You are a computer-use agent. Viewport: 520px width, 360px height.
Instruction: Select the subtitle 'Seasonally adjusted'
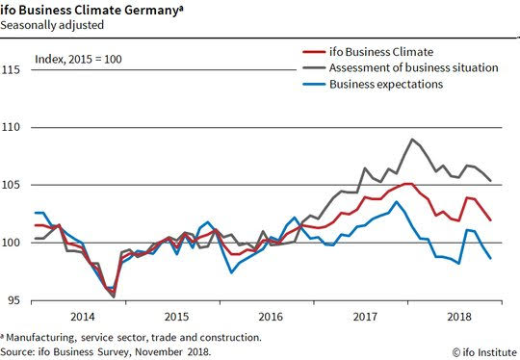pyautogui.click(x=52, y=25)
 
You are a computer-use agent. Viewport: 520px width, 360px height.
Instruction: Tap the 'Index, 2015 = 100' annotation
pyautogui.click(x=78, y=60)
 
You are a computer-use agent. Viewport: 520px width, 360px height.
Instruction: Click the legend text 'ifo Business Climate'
pyautogui.click(x=381, y=52)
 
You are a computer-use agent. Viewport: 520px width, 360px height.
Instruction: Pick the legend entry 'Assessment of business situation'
pyautogui.click(x=413, y=68)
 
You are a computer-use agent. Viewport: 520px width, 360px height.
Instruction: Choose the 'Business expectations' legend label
pyautogui.click(x=386, y=84)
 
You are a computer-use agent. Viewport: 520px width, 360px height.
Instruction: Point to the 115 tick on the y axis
pyautogui.click(x=11, y=70)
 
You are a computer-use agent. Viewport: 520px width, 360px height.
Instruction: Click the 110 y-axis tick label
pyautogui.click(x=11, y=127)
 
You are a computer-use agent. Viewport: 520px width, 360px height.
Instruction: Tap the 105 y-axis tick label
pyautogui.click(x=11, y=185)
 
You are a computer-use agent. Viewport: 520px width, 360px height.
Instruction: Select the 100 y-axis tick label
pyautogui.click(x=11, y=243)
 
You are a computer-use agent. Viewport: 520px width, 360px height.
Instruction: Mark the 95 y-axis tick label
pyautogui.click(x=13, y=300)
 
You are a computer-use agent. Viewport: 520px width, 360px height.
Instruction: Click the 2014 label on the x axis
pyautogui.click(x=83, y=317)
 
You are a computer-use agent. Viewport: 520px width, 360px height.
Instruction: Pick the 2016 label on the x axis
pyautogui.click(x=271, y=317)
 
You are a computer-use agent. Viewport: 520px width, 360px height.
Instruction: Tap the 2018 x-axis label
pyautogui.click(x=459, y=317)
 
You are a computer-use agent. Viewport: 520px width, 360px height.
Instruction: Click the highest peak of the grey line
pyautogui.click(x=412, y=140)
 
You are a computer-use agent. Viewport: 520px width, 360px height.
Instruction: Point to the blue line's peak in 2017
pyautogui.click(x=396, y=201)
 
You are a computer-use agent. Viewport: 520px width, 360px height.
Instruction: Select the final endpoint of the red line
pyautogui.click(x=490, y=219)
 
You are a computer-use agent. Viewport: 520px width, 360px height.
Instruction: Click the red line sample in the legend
pyautogui.click(x=314, y=52)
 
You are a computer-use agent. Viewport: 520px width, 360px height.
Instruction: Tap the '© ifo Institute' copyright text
pyautogui.click(x=484, y=352)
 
